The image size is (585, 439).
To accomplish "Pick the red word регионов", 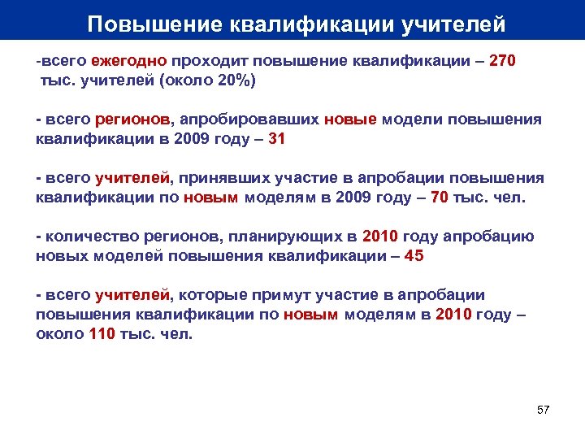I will [x=130, y=120].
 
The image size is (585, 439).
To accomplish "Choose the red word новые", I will [x=350, y=120].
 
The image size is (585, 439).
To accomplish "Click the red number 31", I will [x=276, y=139].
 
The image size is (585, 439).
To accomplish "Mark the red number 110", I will [x=102, y=334].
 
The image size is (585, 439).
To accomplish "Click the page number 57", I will [x=544, y=409].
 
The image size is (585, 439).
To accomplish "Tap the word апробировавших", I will [x=247, y=120].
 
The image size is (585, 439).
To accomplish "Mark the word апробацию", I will [x=492, y=237].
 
